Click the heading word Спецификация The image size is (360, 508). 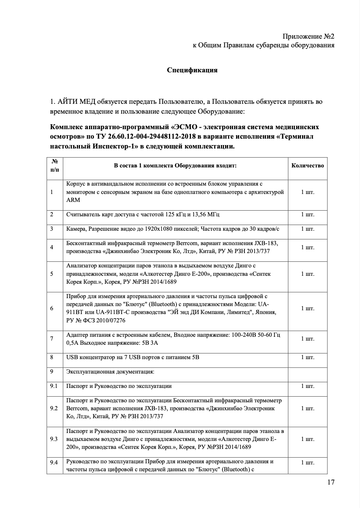(x=192, y=70)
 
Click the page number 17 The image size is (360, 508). (x=330, y=482)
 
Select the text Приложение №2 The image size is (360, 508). (x=308, y=36)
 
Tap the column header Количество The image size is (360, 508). (x=307, y=166)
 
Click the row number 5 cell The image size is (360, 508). (x=52, y=274)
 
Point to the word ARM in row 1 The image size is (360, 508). (x=73, y=200)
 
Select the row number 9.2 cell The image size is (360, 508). (x=54, y=408)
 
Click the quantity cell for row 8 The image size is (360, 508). (x=307, y=357)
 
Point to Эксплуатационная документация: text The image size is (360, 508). (x=110, y=372)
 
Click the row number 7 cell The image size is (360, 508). (x=52, y=338)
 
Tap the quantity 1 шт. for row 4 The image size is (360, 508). (x=307, y=247)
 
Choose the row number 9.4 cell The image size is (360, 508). (x=54, y=462)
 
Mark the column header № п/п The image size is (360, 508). (x=55, y=166)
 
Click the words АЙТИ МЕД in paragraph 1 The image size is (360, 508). (x=76, y=102)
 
